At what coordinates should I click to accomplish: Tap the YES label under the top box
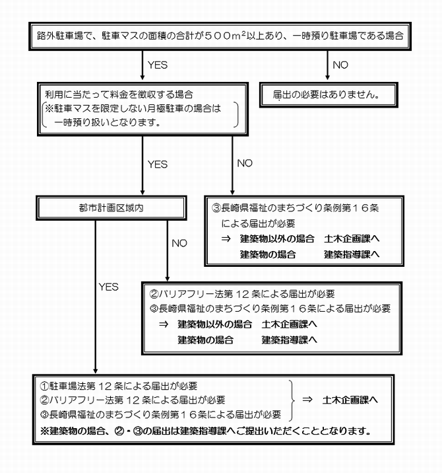point(158,65)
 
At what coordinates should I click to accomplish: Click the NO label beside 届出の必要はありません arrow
point(342,65)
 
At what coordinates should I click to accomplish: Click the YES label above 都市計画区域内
point(158,164)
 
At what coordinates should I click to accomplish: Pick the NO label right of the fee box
point(245,163)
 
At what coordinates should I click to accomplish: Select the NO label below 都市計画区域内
point(179,243)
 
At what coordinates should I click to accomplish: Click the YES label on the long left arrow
point(108,287)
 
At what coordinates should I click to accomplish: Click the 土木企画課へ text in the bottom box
point(350,400)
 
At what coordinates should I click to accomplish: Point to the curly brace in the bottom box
point(290,400)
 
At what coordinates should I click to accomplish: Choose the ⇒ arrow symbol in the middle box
point(164,325)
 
